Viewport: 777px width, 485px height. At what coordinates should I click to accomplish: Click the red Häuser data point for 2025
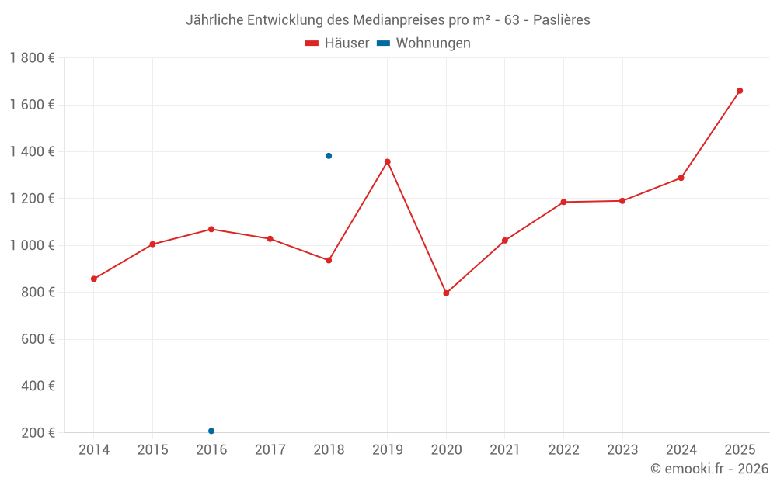740,91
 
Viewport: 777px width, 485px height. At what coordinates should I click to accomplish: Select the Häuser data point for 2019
388,161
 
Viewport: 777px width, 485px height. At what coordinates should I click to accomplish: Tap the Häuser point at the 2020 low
446,293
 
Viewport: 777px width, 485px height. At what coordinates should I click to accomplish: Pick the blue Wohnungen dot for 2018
329,156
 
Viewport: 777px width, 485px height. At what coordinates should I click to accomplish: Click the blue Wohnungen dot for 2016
211,431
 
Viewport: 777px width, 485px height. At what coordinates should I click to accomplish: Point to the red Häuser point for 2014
94,279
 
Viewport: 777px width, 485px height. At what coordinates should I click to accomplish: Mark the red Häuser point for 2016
211,229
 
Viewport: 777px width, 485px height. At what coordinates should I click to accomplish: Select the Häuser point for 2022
563,202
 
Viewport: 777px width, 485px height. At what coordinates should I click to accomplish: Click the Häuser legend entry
337,43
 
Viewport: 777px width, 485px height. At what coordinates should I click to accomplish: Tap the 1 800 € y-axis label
32,58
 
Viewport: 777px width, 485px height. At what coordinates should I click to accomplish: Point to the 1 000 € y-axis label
32,245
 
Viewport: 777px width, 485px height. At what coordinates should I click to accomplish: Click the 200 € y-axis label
37,433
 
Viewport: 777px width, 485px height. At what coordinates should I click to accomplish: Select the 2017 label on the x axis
270,450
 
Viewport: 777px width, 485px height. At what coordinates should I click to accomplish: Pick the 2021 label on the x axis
505,450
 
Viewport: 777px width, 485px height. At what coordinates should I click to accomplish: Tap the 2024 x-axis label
681,450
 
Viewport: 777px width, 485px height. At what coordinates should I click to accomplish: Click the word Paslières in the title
561,20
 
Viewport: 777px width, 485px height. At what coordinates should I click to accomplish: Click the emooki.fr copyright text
709,469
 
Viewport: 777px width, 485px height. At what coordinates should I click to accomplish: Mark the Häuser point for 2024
681,178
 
